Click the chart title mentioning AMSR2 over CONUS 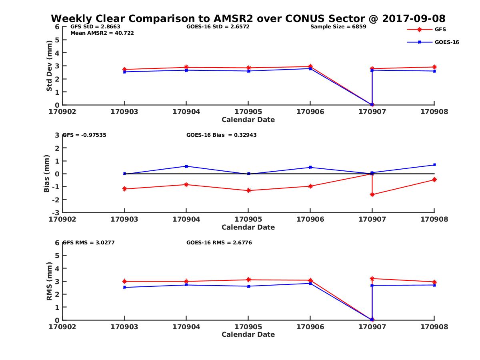pyautogui.click(x=248, y=19)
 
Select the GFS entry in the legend pyautogui.click(x=440, y=29)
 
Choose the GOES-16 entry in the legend pyautogui.click(x=446, y=42)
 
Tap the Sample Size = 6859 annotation pyautogui.click(x=338, y=27)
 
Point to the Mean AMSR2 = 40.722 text pyautogui.click(x=102, y=33)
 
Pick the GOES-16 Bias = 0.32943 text pyautogui.click(x=221, y=135)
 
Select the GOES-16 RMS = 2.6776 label pyautogui.click(x=219, y=243)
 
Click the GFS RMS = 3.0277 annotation pyautogui.click(x=89, y=243)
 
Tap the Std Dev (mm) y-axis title pyautogui.click(x=49, y=66)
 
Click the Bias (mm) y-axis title pyautogui.click(x=46, y=174)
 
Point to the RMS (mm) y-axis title pyautogui.click(x=49, y=281)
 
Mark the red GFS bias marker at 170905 pyautogui.click(x=248, y=190)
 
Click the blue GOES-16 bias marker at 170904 pyautogui.click(x=186, y=166)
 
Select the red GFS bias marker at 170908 pyautogui.click(x=434, y=180)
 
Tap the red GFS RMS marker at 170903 pyautogui.click(x=124, y=281)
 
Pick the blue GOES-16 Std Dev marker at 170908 pyautogui.click(x=434, y=71)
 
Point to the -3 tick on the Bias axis pyautogui.click(x=57, y=212)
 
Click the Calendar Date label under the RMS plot pyautogui.click(x=248, y=334)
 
